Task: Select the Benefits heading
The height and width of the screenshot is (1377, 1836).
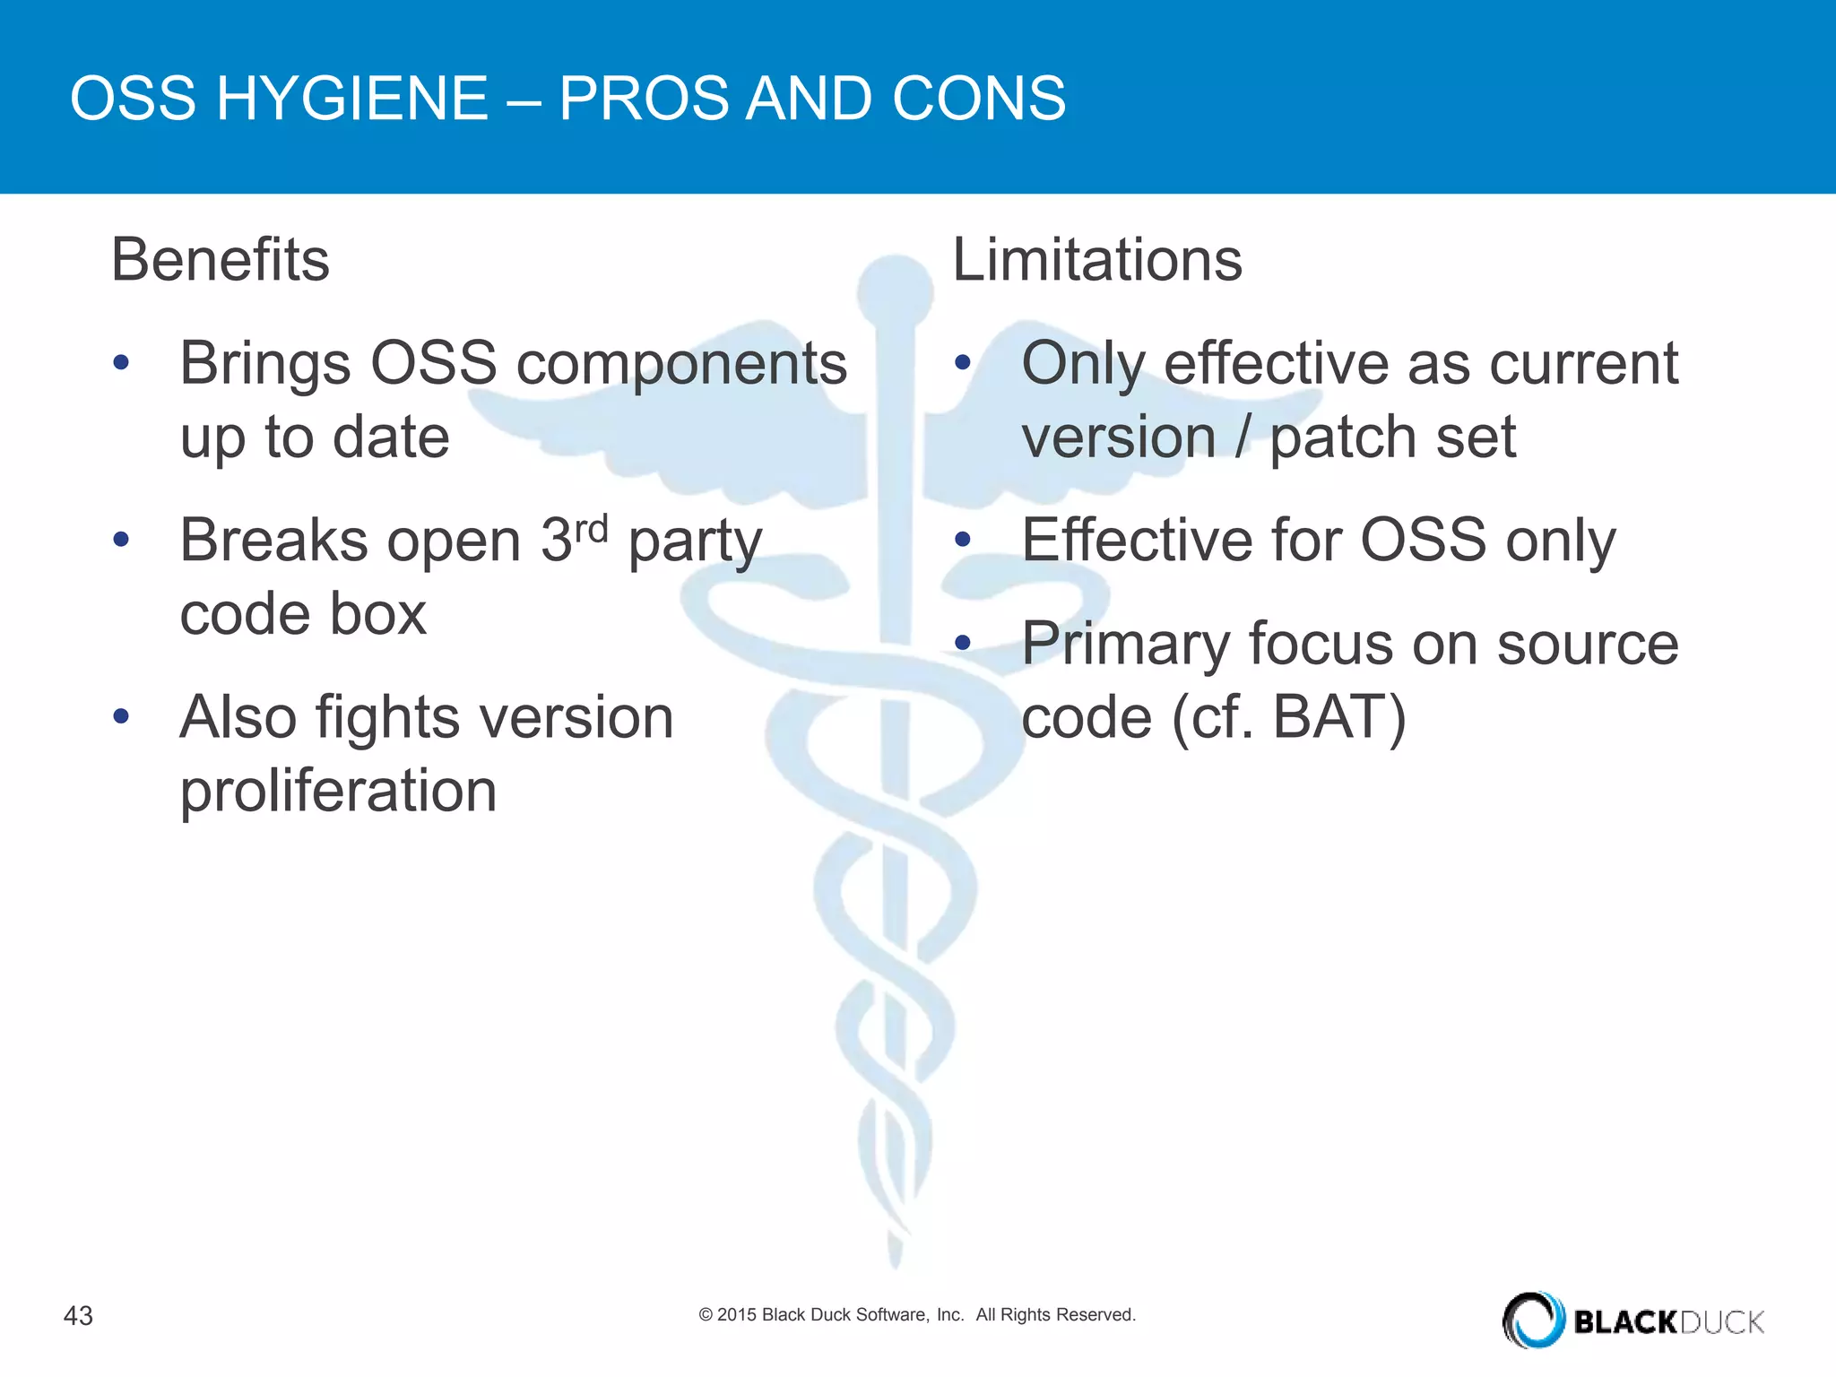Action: click(221, 260)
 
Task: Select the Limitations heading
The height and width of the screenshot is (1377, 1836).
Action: click(1096, 260)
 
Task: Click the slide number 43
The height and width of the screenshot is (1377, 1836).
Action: click(78, 1315)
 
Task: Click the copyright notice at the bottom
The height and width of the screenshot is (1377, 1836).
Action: click(916, 1314)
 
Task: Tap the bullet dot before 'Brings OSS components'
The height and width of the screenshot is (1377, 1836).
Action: click(122, 363)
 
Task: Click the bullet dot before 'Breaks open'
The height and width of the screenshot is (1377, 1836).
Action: click(122, 540)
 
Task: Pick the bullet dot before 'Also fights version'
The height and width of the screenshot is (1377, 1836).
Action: click(122, 716)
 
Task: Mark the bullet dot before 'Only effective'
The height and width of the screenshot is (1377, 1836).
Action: click(963, 363)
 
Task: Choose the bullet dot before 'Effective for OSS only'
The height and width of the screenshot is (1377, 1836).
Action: click(963, 540)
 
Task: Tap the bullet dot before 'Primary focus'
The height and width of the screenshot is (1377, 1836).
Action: click(963, 643)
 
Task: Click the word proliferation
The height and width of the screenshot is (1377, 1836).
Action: click(338, 792)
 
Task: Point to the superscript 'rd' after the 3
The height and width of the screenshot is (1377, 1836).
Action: click(591, 529)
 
